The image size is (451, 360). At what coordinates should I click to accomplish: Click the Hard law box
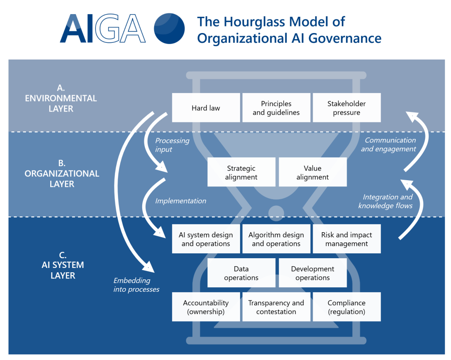pyautogui.click(x=206, y=108)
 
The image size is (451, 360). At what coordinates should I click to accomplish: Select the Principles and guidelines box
pyautogui.click(x=276, y=108)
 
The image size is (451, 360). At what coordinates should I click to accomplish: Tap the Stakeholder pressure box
pyautogui.click(x=347, y=108)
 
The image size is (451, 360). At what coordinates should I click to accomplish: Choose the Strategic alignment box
pyautogui.click(x=241, y=172)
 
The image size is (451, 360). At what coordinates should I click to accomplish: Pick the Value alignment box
pyautogui.click(x=312, y=172)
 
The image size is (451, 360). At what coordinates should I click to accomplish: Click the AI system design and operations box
pyautogui.click(x=206, y=239)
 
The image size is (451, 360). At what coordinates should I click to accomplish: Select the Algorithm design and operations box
pyautogui.click(x=276, y=239)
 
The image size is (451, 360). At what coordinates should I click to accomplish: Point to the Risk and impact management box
pyautogui.click(x=347, y=239)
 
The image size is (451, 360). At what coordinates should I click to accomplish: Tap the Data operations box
pyautogui.click(x=241, y=273)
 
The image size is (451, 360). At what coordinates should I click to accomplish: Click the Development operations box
pyautogui.click(x=312, y=273)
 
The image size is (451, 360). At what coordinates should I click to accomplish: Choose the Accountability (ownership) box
pyautogui.click(x=206, y=307)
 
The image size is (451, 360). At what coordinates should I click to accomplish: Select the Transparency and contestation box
pyautogui.click(x=276, y=307)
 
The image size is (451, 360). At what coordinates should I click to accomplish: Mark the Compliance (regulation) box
pyautogui.click(x=347, y=307)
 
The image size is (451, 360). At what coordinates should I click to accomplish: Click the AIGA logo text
pyautogui.click(x=103, y=29)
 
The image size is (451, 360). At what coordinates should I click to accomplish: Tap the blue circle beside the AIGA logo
pyautogui.click(x=169, y=29)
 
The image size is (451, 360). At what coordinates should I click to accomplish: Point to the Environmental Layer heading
pyautogui.click(x=61, y=98)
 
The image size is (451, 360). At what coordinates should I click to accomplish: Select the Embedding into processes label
pyautogui.click(x=136, y=285)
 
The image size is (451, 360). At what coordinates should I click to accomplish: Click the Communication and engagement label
pyautogui.click(x=388, y=145)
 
